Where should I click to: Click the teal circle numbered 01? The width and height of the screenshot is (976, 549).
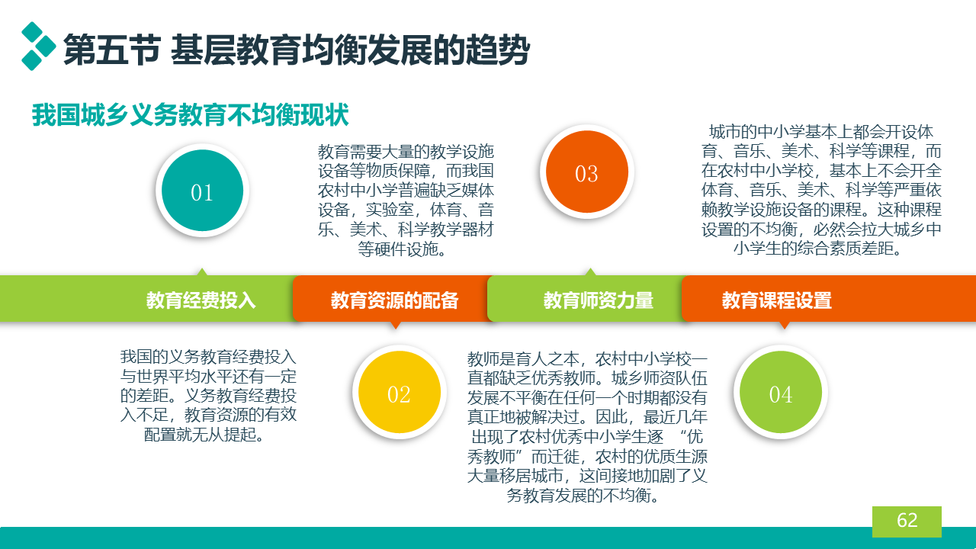(x=202, y=191)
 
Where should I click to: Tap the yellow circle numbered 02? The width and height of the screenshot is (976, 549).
(x=399, y=392)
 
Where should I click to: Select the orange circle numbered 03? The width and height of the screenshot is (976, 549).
(x=587, y=172)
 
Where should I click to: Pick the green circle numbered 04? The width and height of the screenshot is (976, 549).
(x=780, y=392)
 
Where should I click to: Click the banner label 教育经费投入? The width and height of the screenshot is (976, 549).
(x=201, y=300)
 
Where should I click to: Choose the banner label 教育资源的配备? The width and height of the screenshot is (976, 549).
(x=394, y=300)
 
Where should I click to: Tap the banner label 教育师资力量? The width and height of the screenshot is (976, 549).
(x=599, y=300)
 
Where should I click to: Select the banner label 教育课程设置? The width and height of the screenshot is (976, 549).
(x=777, y=300)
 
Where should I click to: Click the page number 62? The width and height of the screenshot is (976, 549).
(x=907, y=520)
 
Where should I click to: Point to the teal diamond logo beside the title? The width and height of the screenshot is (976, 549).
(x=38, y=47)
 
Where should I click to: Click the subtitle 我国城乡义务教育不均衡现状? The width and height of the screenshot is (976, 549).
(x=191, y=115)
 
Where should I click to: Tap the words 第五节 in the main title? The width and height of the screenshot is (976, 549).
(x=112, y=50)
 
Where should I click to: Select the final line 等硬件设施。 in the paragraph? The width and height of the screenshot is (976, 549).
(x=402, y=249)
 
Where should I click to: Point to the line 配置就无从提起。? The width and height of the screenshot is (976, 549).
(x=204, y=435)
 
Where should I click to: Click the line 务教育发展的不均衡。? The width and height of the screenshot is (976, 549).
(x=583, y=496)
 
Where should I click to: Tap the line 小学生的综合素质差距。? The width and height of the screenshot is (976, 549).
(x=818, y=249)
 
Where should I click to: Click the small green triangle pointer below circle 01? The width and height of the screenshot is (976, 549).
(x=202, y=272)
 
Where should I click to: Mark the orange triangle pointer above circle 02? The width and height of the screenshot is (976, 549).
(x=396, y=325)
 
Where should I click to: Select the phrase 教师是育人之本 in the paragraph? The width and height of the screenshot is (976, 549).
(x=523, y=359)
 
